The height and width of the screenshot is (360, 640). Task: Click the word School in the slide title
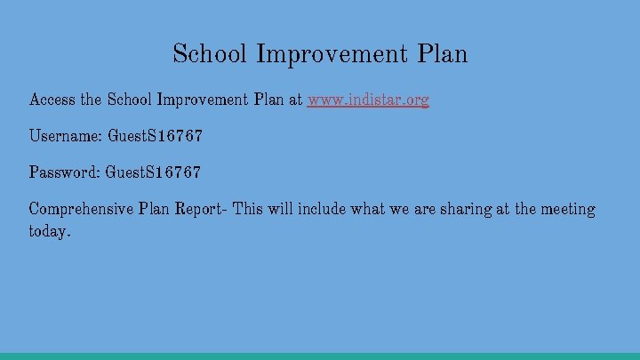click(x=211, y=54)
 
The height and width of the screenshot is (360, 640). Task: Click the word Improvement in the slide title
click(x=332, y=54)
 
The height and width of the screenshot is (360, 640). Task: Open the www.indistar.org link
click(x=368, y=100)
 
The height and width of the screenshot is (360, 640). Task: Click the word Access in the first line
click(x=52, y=100)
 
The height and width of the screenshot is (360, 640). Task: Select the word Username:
click(x=66, y=137)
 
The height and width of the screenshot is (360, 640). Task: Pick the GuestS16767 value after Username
click(x=155, y=137)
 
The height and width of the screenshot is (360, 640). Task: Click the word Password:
click(x=65, y=172)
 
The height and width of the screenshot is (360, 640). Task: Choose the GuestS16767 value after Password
click(x=153, y=172)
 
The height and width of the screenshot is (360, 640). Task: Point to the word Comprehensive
click(x=81, y=210)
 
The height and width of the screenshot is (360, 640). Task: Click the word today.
click(x=49, y=231)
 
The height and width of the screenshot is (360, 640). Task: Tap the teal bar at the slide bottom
click(x=320, y=356)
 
